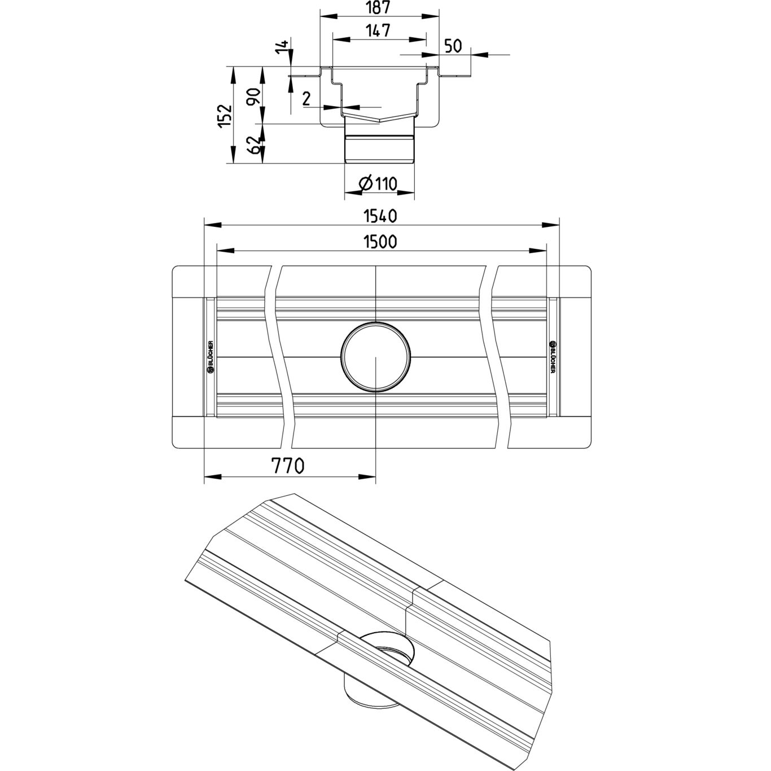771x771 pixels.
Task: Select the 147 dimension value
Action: pos(378,30)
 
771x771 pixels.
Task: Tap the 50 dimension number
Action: pos(454,46)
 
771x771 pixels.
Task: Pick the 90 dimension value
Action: pos(255,97)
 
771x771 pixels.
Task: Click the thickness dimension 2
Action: pos(306,99)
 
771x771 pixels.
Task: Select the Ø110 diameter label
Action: pos(378,183)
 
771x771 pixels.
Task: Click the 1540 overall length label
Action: pos(380,216)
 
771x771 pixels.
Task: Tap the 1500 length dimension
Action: pos(380,242)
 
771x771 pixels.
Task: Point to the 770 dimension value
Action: pos(288,466)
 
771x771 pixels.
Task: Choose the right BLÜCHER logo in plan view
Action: pos(553,357)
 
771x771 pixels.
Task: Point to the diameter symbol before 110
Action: pos(365,183)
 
